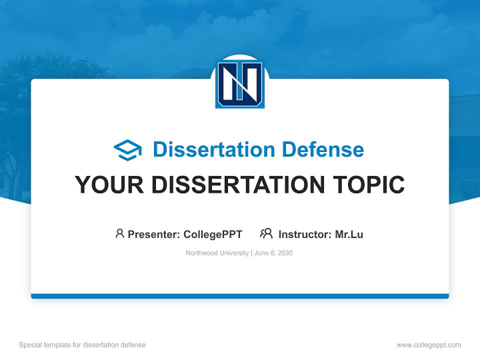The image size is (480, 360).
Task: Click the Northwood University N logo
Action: (240, 84)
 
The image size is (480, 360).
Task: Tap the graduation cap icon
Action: (127, 150)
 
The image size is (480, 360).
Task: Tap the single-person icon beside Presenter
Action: (119, 233)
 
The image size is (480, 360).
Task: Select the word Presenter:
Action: (153, 234)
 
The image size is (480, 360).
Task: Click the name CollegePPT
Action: (213, 234)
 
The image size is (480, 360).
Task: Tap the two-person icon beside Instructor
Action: (266, 233)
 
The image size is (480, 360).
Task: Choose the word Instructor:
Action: (304, 234)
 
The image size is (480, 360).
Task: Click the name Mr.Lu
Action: (349, 234)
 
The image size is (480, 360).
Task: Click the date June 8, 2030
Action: (273, 253)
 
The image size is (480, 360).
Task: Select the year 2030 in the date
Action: (284, 253)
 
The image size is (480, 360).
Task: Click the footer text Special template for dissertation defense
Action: (82, 345)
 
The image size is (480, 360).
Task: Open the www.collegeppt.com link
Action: (428, 345)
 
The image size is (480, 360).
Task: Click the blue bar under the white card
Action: (240, 296)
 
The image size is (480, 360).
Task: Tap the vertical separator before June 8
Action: (251, 253)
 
